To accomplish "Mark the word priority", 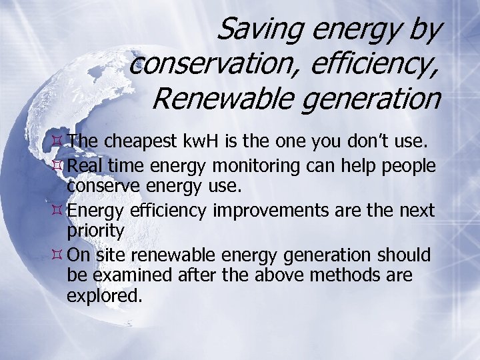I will (x=95, y=231).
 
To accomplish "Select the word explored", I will (x=105, y=295).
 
